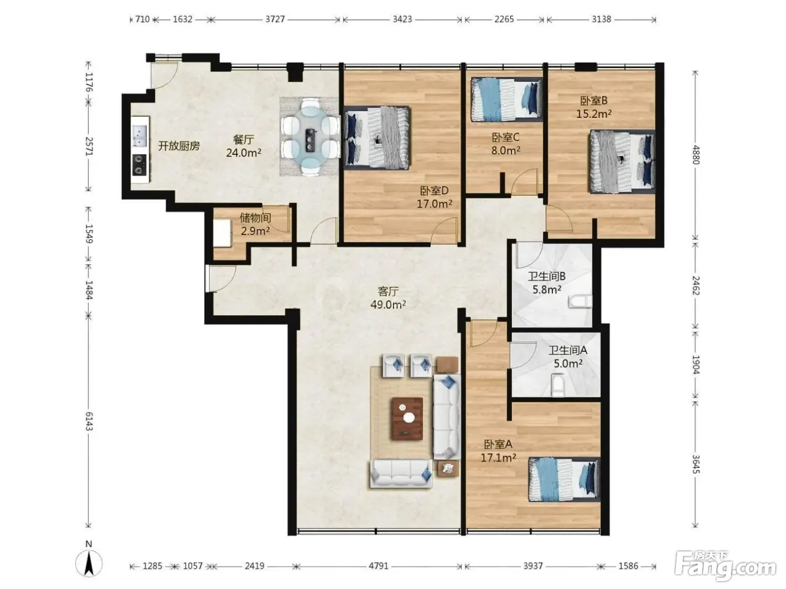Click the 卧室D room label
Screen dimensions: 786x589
point(434,191)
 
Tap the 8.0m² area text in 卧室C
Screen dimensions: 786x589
point(505,150)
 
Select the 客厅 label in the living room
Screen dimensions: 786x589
point(388,292)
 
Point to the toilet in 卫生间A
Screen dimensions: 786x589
point(558,385)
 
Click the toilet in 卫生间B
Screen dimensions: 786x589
point(580,301)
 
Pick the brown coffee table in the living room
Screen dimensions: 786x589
point(407,418)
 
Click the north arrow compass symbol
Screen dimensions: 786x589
point(89,563)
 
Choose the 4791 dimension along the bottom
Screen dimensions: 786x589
point(378,566)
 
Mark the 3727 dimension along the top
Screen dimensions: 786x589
point(275,19)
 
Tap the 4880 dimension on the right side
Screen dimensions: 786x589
point(695,154)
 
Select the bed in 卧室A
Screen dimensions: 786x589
point(564,479)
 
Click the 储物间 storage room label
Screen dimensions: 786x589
point(255,218)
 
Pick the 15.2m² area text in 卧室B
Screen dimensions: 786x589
point(593,114)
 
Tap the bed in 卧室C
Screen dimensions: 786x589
point(506,100)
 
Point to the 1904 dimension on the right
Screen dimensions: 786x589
point(695,365)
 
